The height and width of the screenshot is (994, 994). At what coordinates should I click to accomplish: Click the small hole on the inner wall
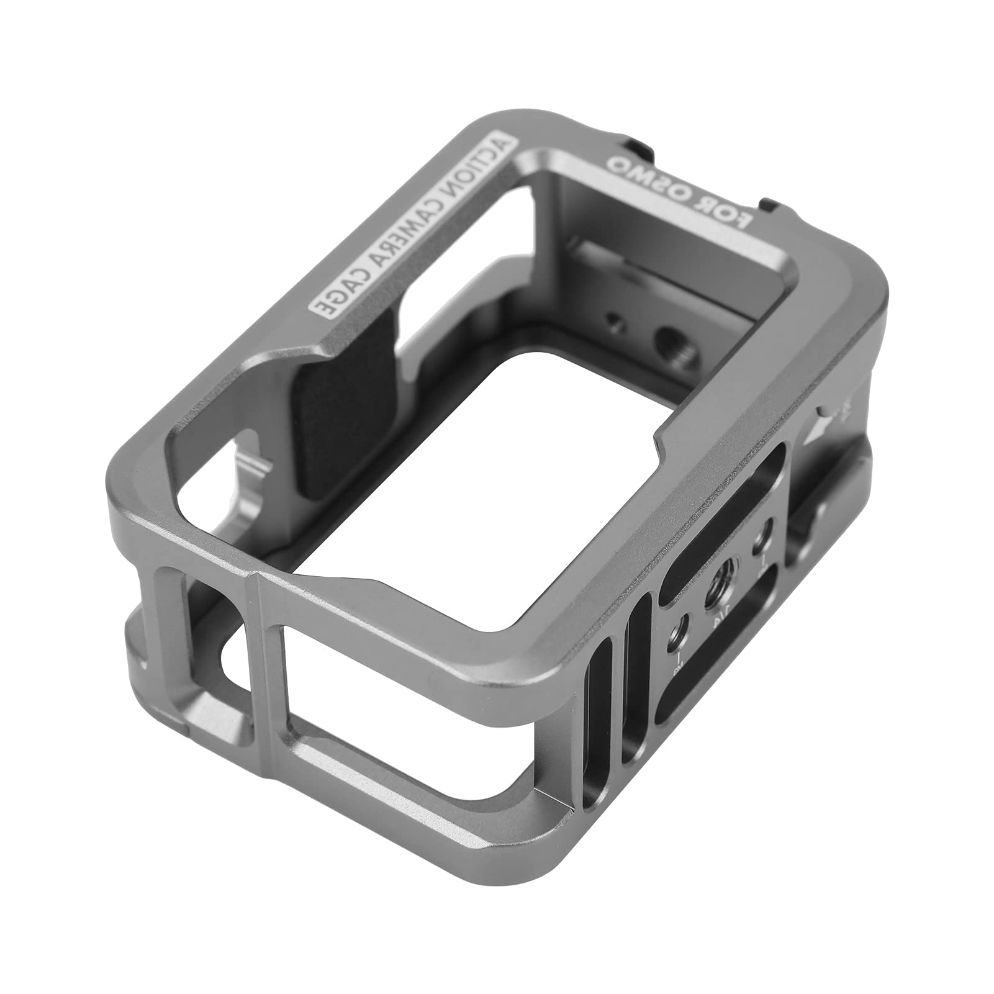[613, 322]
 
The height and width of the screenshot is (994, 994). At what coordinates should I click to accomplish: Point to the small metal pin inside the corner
[257, 463]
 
